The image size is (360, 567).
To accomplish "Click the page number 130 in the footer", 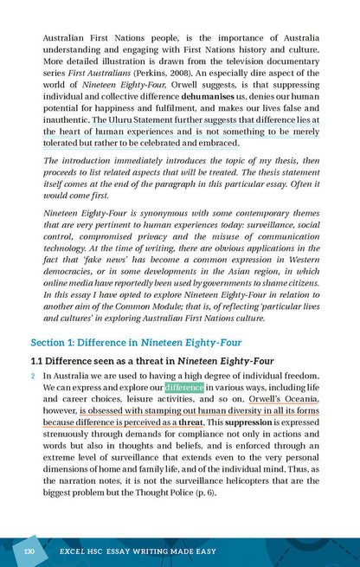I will [x=29, y=551].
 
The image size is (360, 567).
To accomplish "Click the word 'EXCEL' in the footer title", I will [x=72, y=551].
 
